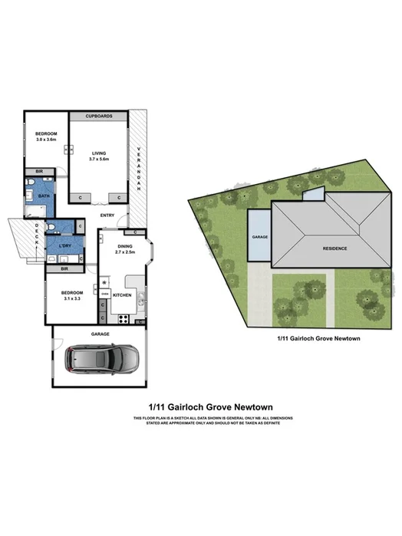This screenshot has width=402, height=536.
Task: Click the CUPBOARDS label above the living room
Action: (100, 117)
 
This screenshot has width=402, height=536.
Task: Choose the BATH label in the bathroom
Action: (44, 196)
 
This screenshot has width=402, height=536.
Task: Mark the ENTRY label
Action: (107, 215)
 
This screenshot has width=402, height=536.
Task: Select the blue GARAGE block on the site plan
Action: (259, 237)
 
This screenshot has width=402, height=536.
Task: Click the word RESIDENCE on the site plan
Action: (334, 248)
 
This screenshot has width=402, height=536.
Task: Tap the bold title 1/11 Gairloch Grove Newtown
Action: (201, 406)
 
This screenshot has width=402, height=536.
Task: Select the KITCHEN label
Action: (123, 294)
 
